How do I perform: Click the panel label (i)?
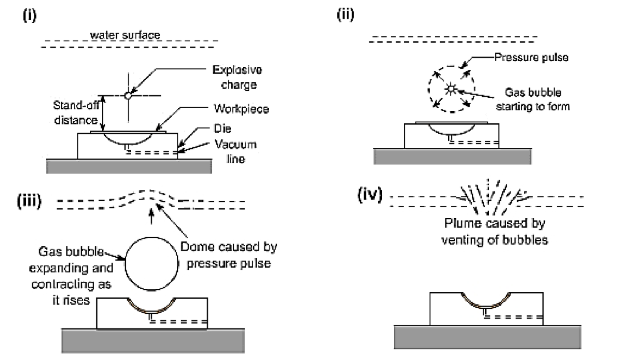tap(29, 16)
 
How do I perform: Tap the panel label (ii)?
tap(345, 15)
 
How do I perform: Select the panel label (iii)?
tap(29, 201)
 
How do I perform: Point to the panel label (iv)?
tap(370, 195)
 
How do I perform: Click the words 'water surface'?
tap(125, 35)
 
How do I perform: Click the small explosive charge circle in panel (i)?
tap(128, 95)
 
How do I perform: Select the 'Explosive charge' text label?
tap(238, 77)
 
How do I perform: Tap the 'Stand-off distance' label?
tap(76, 113)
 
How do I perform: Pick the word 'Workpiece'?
tap(241, 109)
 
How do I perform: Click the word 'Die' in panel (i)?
tap(223, 128)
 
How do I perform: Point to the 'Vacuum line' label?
tap(236, 151)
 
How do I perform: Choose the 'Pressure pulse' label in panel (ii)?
tap(531, 57)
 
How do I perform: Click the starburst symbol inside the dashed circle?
tap(451, 89)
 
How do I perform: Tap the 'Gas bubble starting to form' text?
tap(533, 99)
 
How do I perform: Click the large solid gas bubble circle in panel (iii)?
tap(151, 263)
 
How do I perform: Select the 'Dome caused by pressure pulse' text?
tap(229, 255)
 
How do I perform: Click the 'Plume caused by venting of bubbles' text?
tap(494, 231)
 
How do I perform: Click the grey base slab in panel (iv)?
tap(487, 337)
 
